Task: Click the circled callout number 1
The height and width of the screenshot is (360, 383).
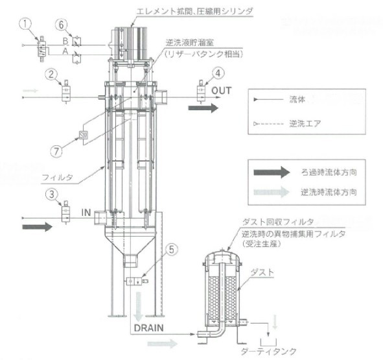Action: point(26,25)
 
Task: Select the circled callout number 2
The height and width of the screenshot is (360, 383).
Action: point(51,75)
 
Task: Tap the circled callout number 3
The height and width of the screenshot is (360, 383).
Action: point(52,195)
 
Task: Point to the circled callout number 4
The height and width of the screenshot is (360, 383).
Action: point(218,73)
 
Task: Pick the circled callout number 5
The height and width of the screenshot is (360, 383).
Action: point(172,250)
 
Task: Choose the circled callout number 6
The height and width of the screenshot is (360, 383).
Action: point(61,25)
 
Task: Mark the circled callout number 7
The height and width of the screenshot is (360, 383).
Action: point(56,151)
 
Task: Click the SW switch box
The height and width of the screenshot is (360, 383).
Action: point(84,136)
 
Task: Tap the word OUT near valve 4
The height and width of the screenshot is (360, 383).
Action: point(221,91)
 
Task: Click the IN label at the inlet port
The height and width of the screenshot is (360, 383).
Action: point(86,213)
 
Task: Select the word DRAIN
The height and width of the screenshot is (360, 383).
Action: point(149,328)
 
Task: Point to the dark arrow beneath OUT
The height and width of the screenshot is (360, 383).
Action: point(203,108)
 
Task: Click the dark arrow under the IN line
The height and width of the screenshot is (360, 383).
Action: point(38,227)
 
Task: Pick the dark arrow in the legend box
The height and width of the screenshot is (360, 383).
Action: point(272,172)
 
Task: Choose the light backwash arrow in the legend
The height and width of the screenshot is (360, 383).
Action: point(272,192)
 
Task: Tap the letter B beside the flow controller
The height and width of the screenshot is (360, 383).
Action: point(65,41)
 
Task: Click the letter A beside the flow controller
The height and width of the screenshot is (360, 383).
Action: point(65,51)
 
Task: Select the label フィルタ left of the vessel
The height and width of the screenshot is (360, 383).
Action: point(58,177)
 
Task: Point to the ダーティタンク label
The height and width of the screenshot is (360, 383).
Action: point(269,352)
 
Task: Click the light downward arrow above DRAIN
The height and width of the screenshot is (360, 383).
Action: point(139,307)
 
